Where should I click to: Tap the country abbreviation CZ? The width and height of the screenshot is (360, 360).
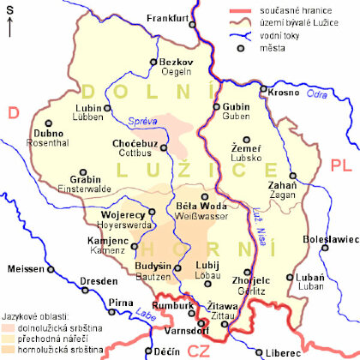point(199,350)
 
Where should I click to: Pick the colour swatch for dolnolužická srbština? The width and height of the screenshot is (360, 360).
point(7,328)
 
